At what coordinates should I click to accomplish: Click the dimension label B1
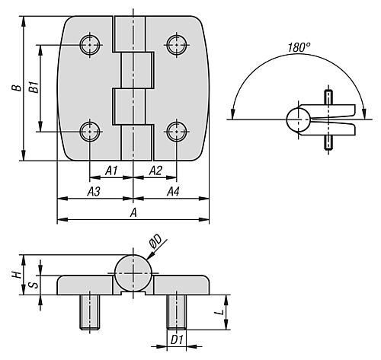coord(34,87)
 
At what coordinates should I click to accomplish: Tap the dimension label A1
coord(112,170)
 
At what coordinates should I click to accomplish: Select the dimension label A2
coord(155,170)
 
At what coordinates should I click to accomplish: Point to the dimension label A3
coord(94,192)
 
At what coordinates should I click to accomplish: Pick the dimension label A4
coord(173,192)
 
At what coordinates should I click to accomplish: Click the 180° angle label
coord(299,47)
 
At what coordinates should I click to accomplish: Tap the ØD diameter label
coord(155,241)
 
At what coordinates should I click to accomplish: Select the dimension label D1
coord(177,340)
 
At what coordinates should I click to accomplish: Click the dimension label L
coord(219,312)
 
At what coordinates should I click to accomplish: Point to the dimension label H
coord(17,274)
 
